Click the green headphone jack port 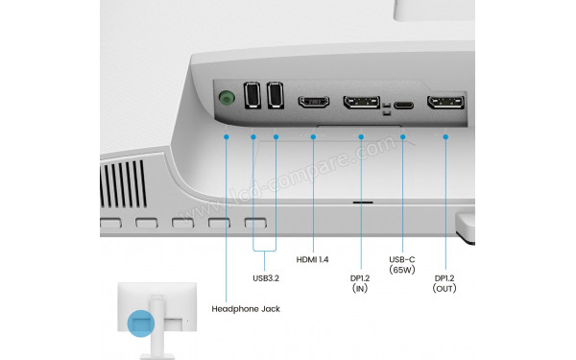click(227, 98)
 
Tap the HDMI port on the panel click(314, 101)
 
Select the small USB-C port click(403, 105)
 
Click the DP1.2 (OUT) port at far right click(446, 104)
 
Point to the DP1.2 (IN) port click(361, 102)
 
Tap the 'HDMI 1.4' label click(314, 260)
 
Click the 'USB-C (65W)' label click(403, 266)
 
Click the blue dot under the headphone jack click(227, 137)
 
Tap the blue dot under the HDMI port click(314, 137)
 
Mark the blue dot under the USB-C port click(403, 137)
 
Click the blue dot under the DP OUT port click(446, 137)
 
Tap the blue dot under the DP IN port click(361, 137)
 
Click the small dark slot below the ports click(363, 204)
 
